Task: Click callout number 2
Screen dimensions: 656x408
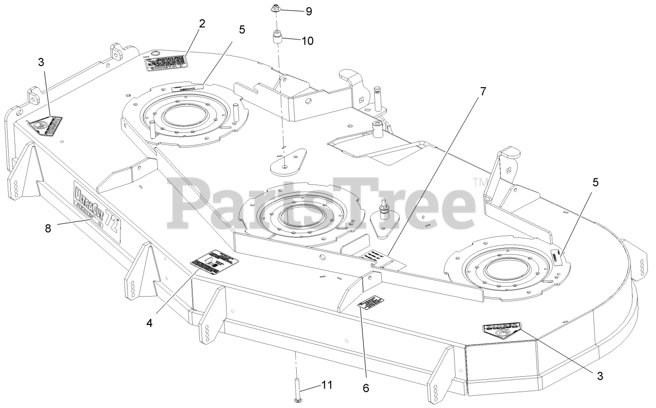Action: point(202,24)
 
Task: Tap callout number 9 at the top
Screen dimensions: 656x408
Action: point(309,11)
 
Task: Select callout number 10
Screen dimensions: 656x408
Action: point(307,40)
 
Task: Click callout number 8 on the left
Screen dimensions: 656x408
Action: point(48,229)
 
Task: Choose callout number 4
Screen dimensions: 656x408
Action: point(150,323)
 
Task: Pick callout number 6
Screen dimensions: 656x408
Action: point(366,388)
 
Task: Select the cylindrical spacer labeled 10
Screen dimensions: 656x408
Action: point(278,38)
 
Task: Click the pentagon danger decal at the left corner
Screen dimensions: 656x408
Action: point(45,125)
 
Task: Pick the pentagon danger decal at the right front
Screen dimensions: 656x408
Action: point(501,330)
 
